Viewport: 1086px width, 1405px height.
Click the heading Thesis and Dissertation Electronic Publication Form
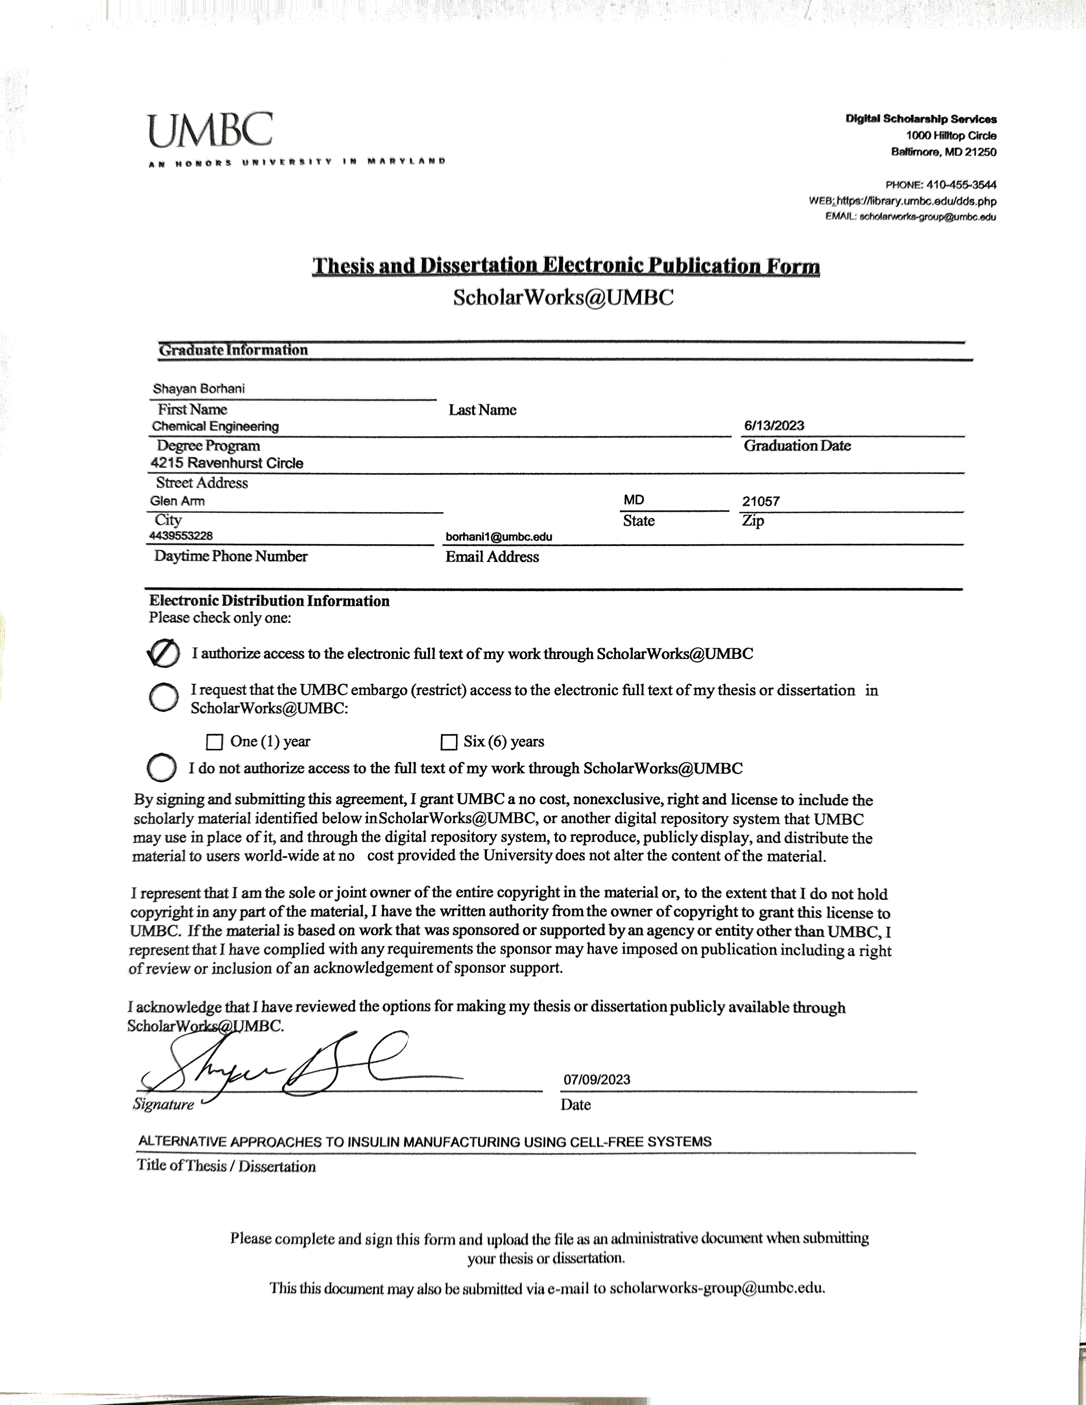tap(566, 266)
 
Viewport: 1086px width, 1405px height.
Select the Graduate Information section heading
tap(234, 350)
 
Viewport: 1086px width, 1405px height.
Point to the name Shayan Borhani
tap(199, 389)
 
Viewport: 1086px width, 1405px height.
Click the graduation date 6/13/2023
tap(773, 425)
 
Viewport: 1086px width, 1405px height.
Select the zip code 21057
tap(761, 501)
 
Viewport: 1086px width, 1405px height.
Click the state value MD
tap(633, 500)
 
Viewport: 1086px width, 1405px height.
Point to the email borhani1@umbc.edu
tap(499, 537)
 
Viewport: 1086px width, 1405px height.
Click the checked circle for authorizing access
tap(164, 654)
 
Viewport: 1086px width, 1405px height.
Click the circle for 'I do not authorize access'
tap(162, 767)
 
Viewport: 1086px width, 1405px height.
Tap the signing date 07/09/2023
tap(597, 1080)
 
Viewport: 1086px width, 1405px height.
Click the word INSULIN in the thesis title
tap(374, 1142)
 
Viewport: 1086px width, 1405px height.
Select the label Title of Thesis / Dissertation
tap(227, 1166)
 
